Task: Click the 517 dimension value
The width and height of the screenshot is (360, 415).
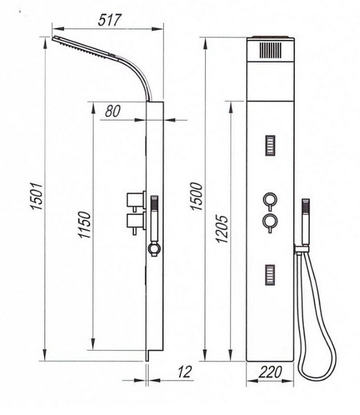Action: pos(109,19)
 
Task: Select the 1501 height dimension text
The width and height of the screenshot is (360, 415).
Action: pos(37,196)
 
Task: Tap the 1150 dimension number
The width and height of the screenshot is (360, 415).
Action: pos(85,225)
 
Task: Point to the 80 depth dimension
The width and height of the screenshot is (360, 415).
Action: pos(113,111)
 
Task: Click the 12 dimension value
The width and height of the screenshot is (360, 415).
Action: pos(184,372)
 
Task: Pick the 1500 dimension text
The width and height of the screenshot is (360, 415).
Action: pos(197,196)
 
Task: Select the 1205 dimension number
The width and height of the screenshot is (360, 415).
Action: pos(222,229)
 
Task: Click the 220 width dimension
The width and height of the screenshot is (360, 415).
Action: pos(270,372)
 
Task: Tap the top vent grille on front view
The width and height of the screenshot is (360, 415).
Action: pos(270,50)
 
